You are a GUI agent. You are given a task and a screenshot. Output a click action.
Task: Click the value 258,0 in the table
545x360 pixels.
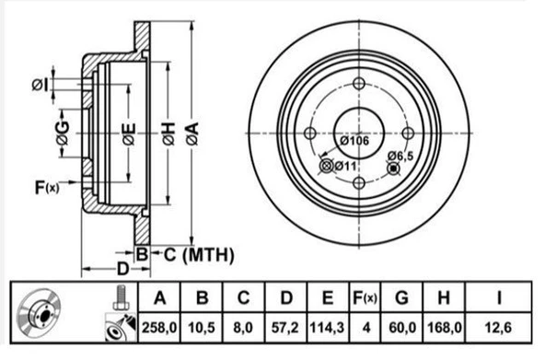(159, 328)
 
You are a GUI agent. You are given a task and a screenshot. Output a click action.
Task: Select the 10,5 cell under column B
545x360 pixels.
(202, 328)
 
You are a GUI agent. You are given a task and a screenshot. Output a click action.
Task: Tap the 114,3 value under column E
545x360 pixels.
(327, 328)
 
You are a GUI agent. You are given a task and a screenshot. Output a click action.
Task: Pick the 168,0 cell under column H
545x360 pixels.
(444, 328)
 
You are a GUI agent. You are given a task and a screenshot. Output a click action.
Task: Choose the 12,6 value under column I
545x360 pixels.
(498, 328)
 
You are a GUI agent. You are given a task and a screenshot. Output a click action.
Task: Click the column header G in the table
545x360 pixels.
(401, 297)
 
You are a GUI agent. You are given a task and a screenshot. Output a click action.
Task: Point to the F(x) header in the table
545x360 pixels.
(365, 297)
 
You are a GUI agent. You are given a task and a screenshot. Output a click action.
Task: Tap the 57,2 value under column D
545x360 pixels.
(285, 328)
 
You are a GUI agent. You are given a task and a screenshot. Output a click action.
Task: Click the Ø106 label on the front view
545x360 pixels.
(354, 141)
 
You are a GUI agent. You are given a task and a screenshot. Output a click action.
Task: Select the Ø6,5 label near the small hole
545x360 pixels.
(400, 156)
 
